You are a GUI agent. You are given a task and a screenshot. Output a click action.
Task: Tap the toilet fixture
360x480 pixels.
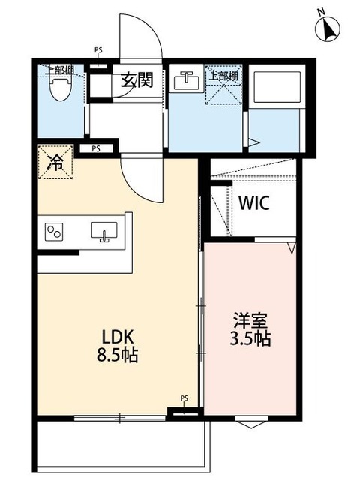click(58, 89)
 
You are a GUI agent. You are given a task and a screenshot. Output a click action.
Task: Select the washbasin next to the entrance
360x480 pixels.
click(184, 79)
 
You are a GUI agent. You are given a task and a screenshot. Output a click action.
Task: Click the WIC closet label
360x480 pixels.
click(254, 202)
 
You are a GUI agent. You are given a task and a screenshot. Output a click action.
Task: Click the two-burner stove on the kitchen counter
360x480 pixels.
click(54, 232)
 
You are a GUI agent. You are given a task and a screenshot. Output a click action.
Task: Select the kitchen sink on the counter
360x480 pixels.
click(103, 233)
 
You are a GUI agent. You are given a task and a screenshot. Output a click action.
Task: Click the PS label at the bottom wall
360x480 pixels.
click(184, 398)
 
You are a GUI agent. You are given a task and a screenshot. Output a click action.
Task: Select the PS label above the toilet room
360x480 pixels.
click(98, 51)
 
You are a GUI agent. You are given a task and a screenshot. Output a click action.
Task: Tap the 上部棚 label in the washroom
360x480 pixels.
click(224, 75)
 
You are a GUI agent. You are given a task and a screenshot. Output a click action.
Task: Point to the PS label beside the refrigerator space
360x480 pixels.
click(96, 148)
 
